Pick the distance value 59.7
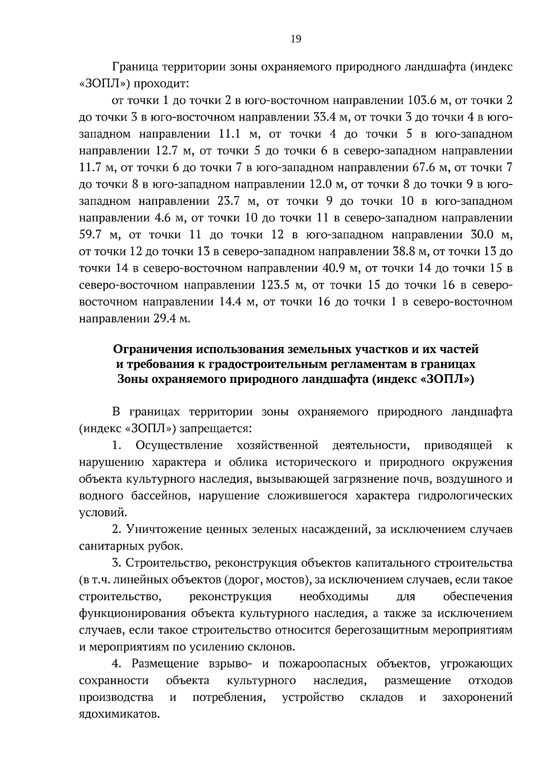point(90,235)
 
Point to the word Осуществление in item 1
point(179,445)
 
